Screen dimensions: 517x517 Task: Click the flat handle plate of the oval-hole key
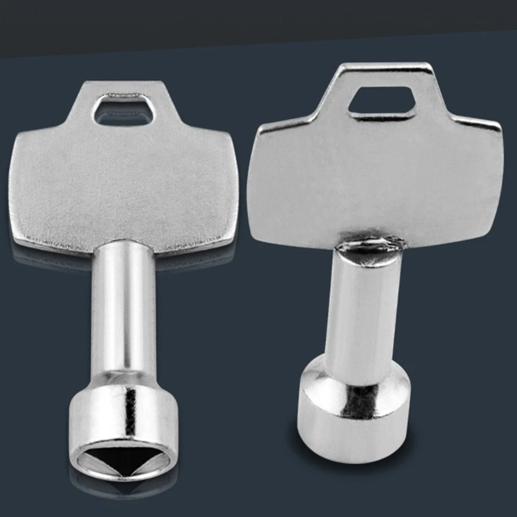click(x=126, y=187)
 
